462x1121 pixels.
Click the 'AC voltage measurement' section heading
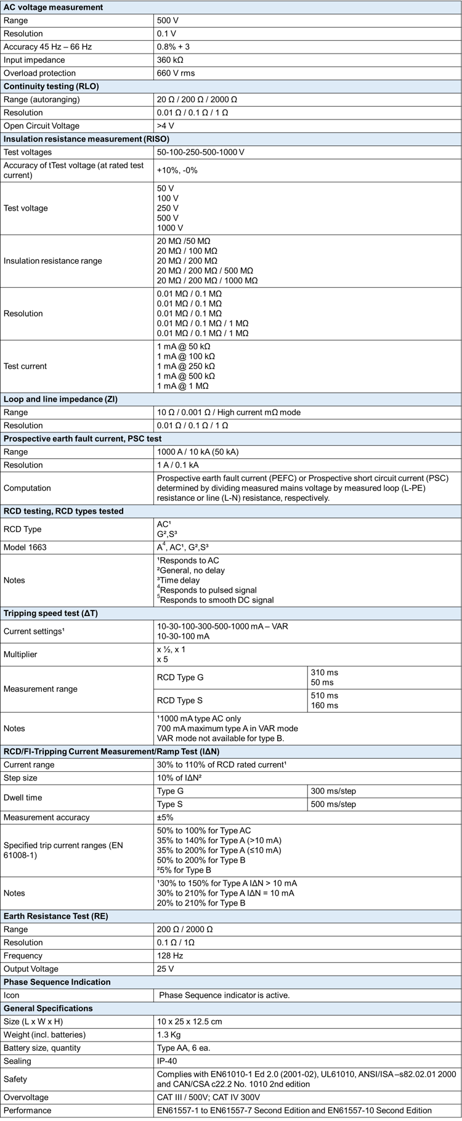click(x=54, y=7)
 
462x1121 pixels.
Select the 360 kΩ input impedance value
click(x=170, y=60)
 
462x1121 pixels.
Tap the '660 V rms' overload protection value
click(x=176, y=73)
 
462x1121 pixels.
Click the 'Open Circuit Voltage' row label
click(x=41, y=126)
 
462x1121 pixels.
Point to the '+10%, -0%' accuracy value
click(x=177, y=170)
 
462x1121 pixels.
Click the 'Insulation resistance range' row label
click(x=53, y=261)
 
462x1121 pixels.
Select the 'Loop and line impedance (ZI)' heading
click(x=60, y=399)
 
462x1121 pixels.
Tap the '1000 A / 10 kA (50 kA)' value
click(x=198, y=451)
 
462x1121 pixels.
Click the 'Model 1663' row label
click(x=25, y=547)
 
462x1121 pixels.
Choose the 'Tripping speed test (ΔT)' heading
click(x=51, y=613)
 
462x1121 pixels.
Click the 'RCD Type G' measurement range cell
click(x=180, y=677)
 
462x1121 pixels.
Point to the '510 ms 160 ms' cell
click(x=325, y=700)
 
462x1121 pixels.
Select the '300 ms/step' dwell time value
click(x=333, y=791)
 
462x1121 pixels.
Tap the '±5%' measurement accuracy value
click(x=165, y=817)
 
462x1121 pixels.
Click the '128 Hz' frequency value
click(x=169, y=956)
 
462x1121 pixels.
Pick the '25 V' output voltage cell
click(x=166, y=969)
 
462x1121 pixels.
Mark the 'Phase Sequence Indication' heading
click(x=57, y=982)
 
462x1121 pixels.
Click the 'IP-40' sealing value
click(x=168, y=1061)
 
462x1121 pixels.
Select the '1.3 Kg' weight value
click(x=169, y=1035)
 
